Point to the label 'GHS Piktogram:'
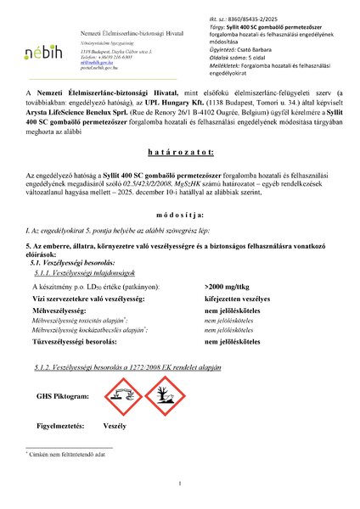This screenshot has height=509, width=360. (63, 395)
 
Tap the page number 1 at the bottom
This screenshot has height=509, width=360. (181, 484)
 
